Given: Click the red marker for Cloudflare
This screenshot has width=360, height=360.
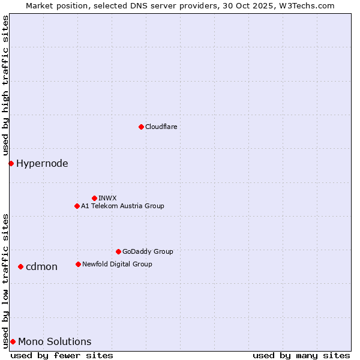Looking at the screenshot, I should pyautogui.click(x=141, y=127).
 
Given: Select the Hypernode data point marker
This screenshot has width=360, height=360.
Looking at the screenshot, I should pyautogui.click(x=11, y=163).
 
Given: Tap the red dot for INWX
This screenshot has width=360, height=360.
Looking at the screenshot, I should pyautogui.click(x=94, y=198).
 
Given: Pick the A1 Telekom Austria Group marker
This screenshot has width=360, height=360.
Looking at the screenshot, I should pyautogui.click(x=77, y=206).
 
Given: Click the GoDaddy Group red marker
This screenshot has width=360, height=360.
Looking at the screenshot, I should pyautogui.click(x=118, y=251).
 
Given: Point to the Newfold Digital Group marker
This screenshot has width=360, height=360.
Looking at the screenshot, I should pyautogui.click(x=78, y=264).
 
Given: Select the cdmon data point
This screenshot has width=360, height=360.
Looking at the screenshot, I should pyautogui.click(x=20, y=266).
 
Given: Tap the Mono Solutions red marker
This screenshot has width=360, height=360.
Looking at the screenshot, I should pyautogui.click(x=13, y=341).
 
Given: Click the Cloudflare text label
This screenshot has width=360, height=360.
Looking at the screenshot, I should pyautogui.click(x=161, y=127).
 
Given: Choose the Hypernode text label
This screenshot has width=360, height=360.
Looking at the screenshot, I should pyautogui.click(x=42, y=163).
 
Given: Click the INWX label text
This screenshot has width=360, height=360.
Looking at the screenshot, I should pyautogui.click(x=107, y=198).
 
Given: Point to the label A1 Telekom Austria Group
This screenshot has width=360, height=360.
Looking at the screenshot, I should pyautogui.click(x=122, y=206).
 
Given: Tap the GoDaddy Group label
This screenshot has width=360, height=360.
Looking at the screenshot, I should pyautogui.click(x=148, y=251).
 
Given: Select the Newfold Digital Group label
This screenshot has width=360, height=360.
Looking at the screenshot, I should pyautogui.click(x=117, y=264).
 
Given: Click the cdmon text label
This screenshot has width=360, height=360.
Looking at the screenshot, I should pyautogui.click(x=41, y=266).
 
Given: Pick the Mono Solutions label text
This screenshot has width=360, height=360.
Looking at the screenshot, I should pyautogui.click(x=55, y=341).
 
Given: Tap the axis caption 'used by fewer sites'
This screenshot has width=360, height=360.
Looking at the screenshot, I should pyautogui.click(x=62, y=355).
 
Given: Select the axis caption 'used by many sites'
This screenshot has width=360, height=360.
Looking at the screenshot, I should pyautogui.click(x=301, y=355).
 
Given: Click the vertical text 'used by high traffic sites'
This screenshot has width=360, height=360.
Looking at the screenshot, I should pyautogui.click(x=5, y=86).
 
